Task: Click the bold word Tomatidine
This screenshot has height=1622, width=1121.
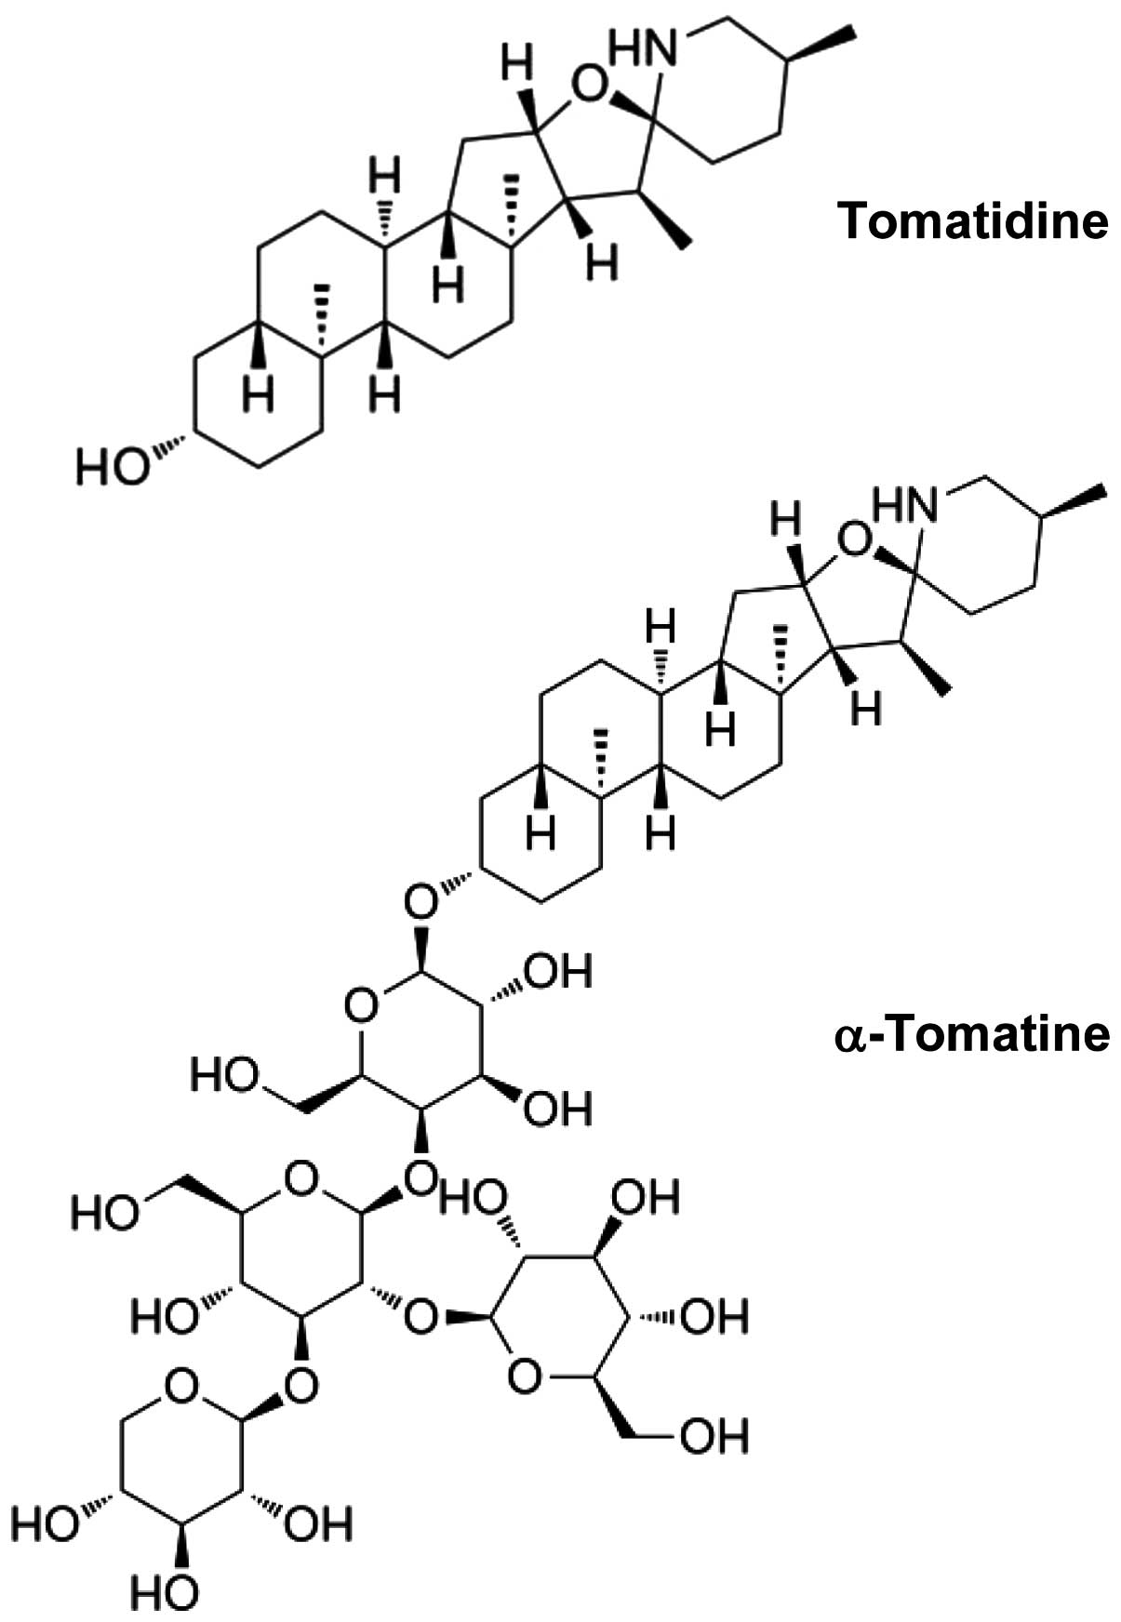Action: pos(973,221)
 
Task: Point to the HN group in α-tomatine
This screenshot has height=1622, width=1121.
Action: pos(904,506)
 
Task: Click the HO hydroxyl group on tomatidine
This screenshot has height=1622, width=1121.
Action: pos(112,466)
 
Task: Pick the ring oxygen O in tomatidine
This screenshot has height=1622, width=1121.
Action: pos(588,88)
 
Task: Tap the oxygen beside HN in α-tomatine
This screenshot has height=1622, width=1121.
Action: pos(854,538)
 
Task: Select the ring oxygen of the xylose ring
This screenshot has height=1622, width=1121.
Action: pos(180,1388)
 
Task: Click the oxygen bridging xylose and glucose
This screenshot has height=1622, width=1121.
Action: pos(300,1387)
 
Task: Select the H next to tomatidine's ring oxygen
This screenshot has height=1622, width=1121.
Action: pos(517,66)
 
